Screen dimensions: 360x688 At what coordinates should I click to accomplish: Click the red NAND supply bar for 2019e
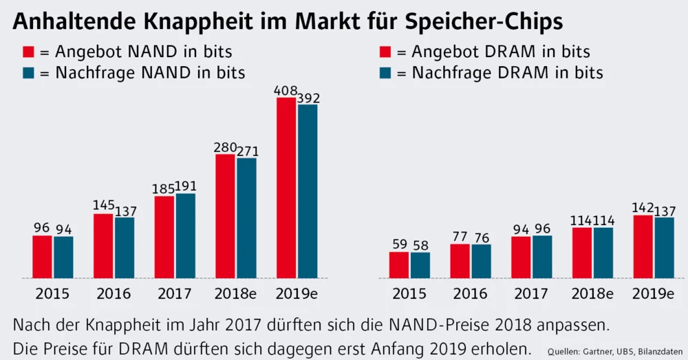point(286,187)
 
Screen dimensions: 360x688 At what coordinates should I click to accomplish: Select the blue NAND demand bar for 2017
point(185,235)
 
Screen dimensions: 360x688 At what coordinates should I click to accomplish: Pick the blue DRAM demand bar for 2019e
point(664,248)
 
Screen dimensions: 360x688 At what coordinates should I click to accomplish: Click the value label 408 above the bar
point(286,90)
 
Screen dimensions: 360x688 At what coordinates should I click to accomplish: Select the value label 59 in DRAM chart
point(399,244)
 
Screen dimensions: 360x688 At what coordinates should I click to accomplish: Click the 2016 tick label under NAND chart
point(114,295)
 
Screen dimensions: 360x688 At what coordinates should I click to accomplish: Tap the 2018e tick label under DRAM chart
point(592,295)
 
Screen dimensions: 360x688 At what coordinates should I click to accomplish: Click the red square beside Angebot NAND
point(29,52)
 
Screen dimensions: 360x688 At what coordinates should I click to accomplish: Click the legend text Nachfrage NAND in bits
point(150,73)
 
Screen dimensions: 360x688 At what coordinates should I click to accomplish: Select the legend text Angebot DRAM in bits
point(501,52)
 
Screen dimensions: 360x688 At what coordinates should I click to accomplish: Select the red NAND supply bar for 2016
point(104,246)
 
